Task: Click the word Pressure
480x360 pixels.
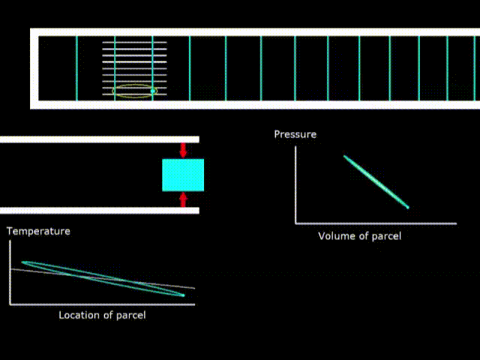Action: click(295, 134)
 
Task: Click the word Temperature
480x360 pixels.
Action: click(38, 231)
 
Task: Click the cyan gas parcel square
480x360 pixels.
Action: click(183, 175)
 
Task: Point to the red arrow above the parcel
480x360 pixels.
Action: click(183, 149)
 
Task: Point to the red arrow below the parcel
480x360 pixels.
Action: click(183, 199)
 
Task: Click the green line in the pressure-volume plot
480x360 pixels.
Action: click(376, 181)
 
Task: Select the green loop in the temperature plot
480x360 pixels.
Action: click(103, 278)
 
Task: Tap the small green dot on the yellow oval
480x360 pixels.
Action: click(153, 91)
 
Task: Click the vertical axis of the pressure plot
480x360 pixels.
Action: click(295, 184)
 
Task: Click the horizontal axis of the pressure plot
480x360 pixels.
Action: click(375, 223)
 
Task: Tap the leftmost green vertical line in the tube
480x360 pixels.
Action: click(76, 67)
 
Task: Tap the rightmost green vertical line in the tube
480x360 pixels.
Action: click(448, 67)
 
